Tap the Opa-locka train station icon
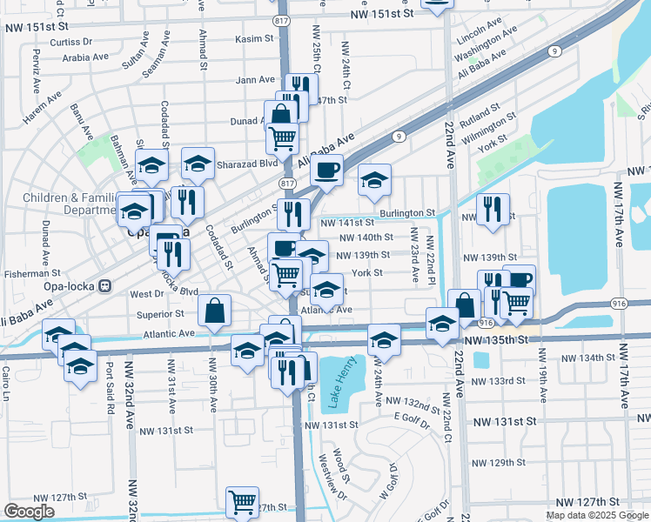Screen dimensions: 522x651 pyautogui.click(x=104, y=284)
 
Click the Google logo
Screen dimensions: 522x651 pyautogui.click(x=29, y=512)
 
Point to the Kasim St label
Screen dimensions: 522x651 pyautogui.click(x=254, y=38)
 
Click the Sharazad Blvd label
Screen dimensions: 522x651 pyautogui.click(x=251, y=163)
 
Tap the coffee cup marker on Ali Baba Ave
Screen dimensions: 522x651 pyautogui.click(x=327, y=171)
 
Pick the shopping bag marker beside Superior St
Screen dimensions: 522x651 pyautogui.click(x=214, y=311)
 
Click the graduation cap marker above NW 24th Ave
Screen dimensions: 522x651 pyautogui.click(x=383, y=339)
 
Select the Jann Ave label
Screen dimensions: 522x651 pyautogui.click(x=255, y=80)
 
